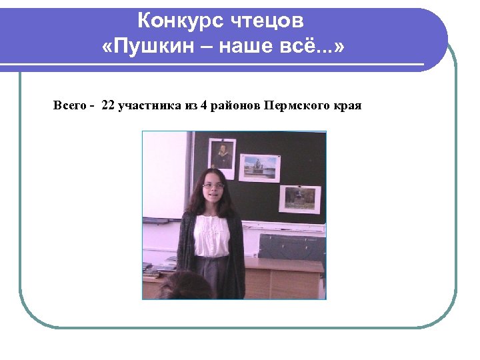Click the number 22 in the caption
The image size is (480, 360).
tap(108, 106)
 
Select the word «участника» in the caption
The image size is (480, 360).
tap(149, 106)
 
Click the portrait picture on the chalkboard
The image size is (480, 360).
tap(223, 155)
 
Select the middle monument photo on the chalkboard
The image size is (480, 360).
tap(259, 167)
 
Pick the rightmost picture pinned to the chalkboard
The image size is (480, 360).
tap(299, 198)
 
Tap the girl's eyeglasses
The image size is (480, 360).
tap(213, 185)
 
